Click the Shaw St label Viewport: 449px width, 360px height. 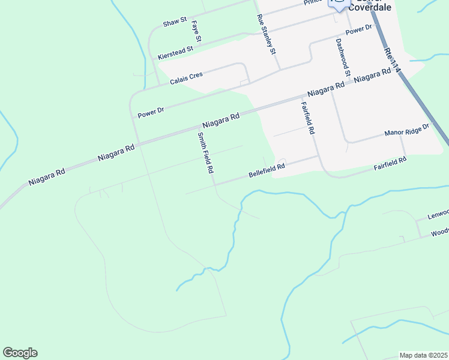point(175,23)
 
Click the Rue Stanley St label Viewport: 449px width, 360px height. point(265,34)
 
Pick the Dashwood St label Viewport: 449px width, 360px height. point(343,58)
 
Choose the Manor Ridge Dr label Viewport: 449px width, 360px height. point(408,130)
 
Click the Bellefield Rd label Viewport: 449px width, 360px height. point(267,172)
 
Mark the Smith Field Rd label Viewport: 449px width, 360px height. point(205,153)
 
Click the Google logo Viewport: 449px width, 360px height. point(20,353)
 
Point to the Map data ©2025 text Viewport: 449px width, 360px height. point(423,355)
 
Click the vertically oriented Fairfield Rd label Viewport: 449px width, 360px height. point(308,118)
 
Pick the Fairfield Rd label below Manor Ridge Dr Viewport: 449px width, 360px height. point(390,162)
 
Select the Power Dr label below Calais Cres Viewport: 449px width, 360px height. point(151,112)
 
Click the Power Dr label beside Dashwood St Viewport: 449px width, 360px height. point(359,29)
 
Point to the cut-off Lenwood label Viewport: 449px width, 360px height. point(438,214)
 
